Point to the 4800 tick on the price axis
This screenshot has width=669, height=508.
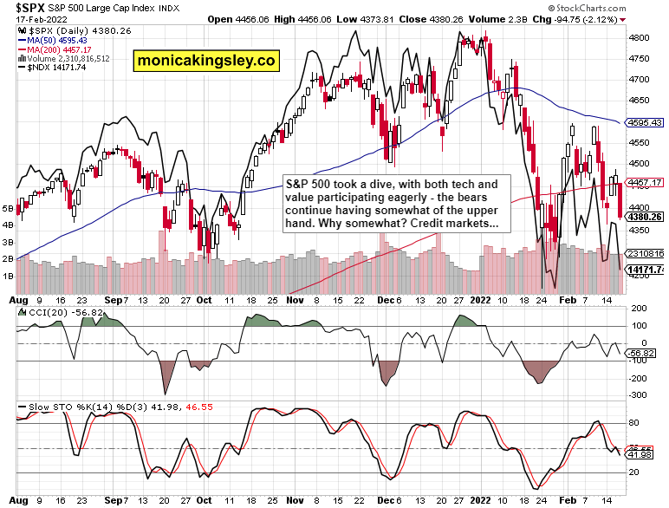pos(640,38)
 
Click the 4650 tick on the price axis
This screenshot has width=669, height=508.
pos(640,101)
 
